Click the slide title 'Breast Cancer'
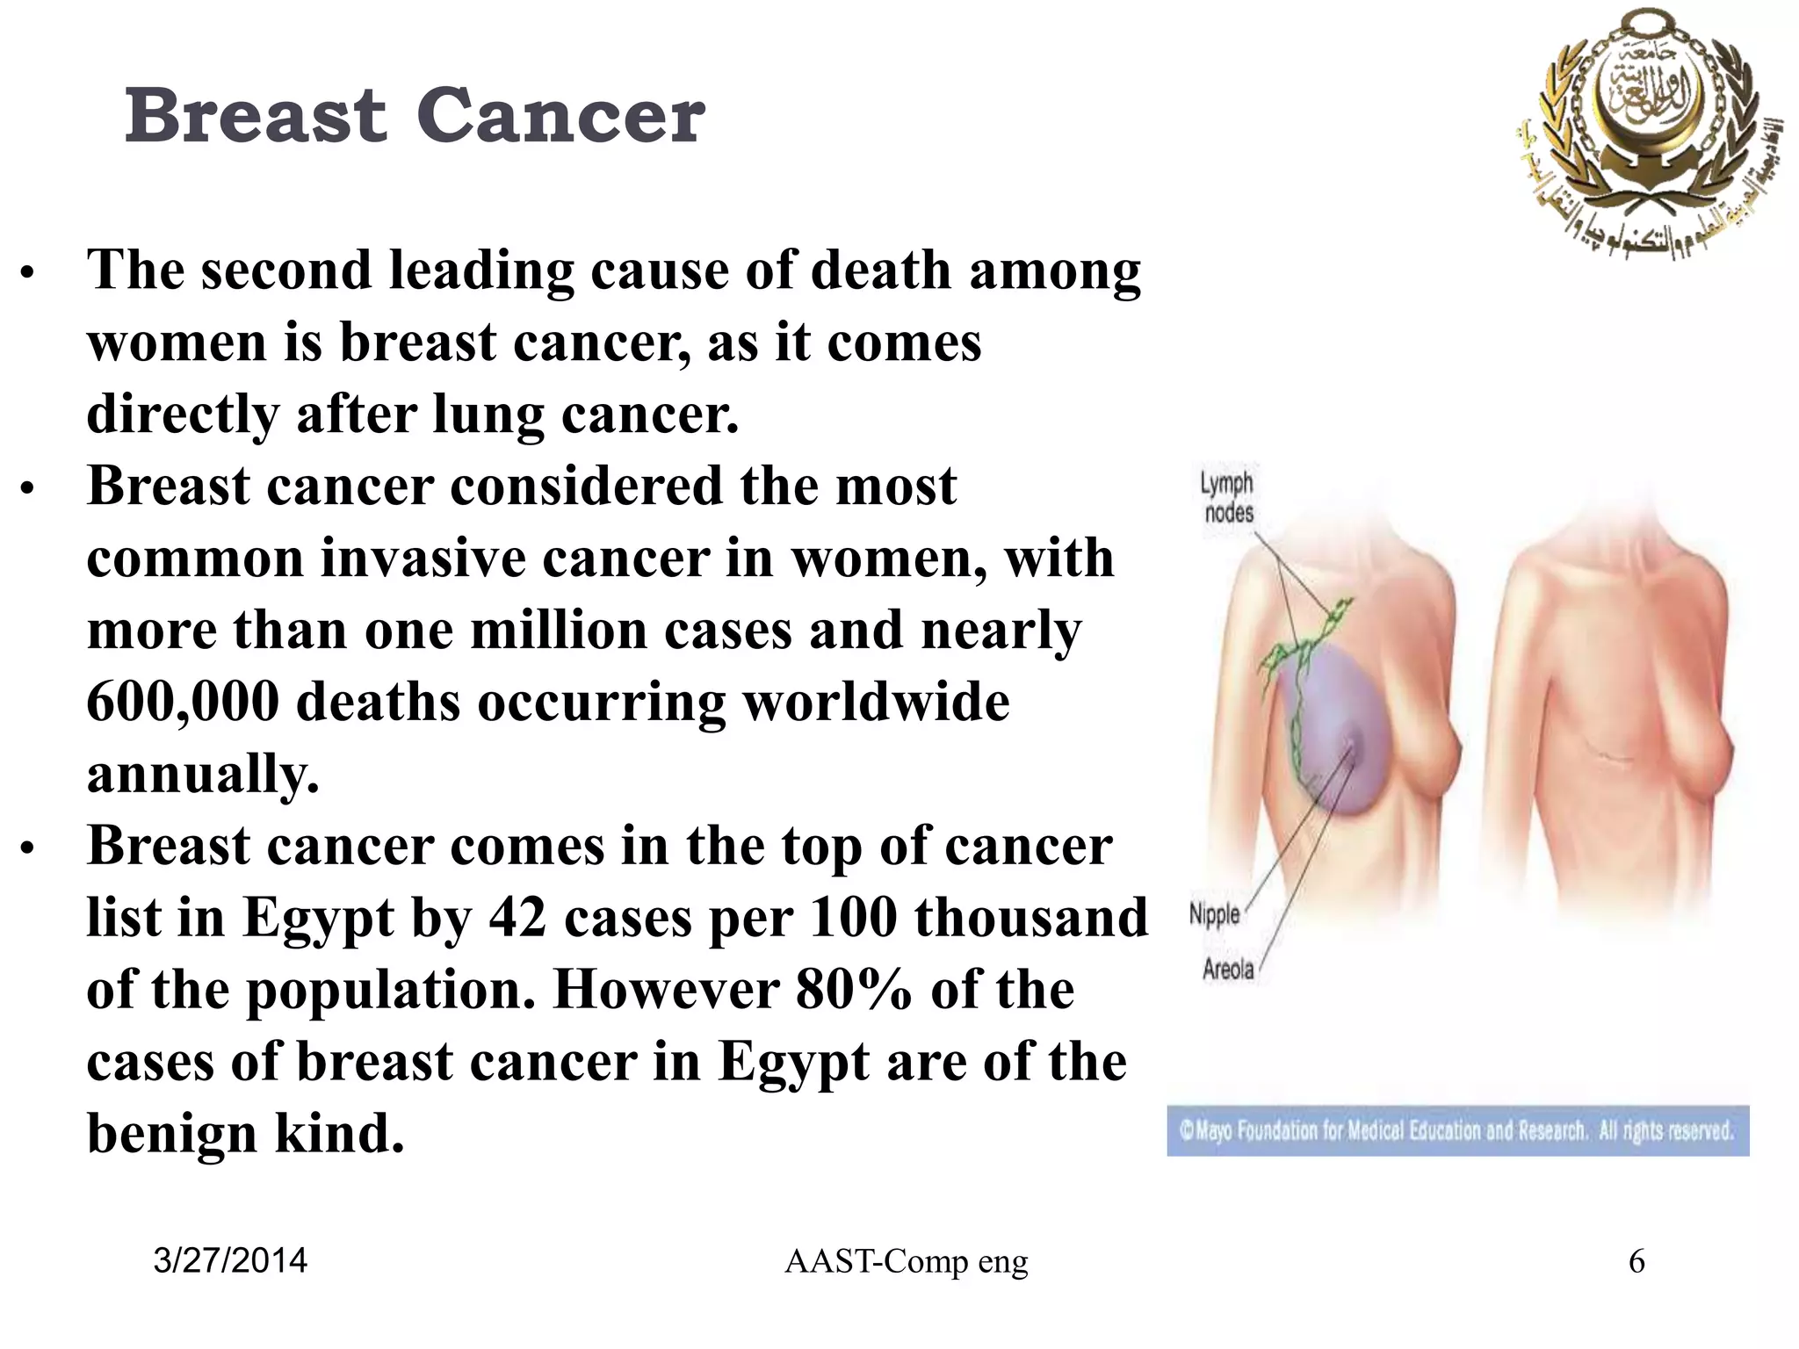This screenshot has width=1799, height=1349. [415, 116]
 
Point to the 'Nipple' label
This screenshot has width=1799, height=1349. [1214, 914]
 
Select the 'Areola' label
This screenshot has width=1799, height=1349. [1228, 970]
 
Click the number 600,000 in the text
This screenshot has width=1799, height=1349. [183, 703]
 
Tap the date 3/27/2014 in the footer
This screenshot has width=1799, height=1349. [230, 1261]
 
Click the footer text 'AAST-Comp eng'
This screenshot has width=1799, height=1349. [906, 1262]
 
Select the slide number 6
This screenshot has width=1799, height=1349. [1636, 1262]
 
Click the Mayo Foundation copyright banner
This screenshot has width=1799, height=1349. [1457, 1130]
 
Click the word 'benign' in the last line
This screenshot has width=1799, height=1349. [172, 1135]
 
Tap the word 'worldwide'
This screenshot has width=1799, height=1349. [876, 703]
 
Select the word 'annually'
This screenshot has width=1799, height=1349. [202, 775]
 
